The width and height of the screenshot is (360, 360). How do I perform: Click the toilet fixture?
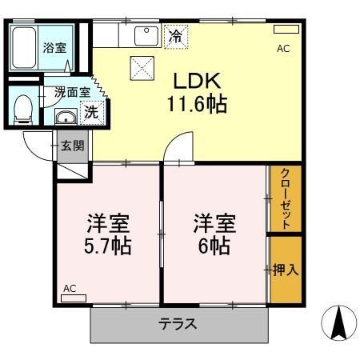(x=22, y=110)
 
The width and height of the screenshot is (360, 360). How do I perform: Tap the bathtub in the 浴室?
(x=24, y=47)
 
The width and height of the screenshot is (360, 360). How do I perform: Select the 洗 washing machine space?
(x=92, y=113)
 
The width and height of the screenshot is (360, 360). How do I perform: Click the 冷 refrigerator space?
(x=176, y=37)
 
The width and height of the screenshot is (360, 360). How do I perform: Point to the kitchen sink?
(x=146, y=36)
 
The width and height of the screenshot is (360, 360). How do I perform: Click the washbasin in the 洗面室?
(x=66, y=117)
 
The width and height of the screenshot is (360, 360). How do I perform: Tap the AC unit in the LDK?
(x=286, y=30)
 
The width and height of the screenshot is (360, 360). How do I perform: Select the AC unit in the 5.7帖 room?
(x=74, y=298)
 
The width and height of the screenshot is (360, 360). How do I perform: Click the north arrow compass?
(x=339, y=322)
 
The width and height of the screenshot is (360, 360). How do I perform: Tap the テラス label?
(x=178, y=324)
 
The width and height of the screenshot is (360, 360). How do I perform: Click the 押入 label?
(x=286, y=270)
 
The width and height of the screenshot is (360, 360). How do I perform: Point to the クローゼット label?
(x=286, y=198)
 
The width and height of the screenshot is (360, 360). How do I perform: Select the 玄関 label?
(x=73, y=146)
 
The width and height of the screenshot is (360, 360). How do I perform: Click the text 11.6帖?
(x=197, y=104)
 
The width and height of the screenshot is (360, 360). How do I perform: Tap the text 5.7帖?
(x=108, y=246)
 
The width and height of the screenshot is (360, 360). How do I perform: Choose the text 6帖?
(x=214, y=246)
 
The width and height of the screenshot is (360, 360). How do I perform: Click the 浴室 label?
(x=54, y=48)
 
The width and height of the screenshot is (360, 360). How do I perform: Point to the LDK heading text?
(x=197, y=81)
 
